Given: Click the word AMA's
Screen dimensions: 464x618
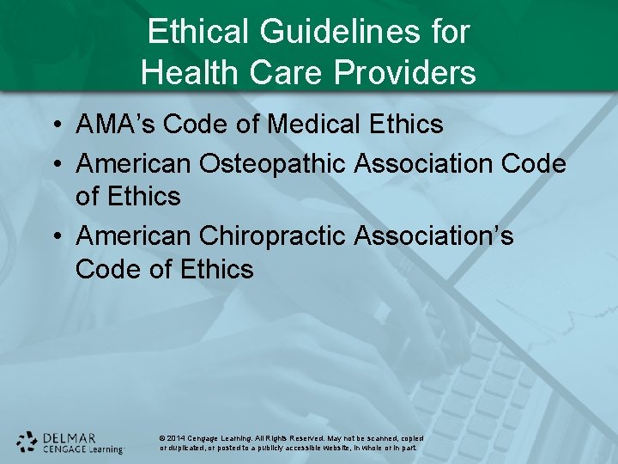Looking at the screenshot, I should click(x=116, y=125).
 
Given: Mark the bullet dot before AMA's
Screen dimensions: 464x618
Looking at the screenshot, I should click(x=56, y=125).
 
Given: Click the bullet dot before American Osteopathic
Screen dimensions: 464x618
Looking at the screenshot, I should click(x=56, y=163).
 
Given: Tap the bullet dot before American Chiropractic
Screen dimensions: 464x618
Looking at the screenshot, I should click(x=56, y=235).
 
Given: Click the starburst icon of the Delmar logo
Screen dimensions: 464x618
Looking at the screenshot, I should click(x=27, y=442).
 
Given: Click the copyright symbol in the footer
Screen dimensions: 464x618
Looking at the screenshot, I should click(x=162, y=438).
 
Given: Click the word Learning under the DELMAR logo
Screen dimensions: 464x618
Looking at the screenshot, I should click(x=106, y=449).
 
